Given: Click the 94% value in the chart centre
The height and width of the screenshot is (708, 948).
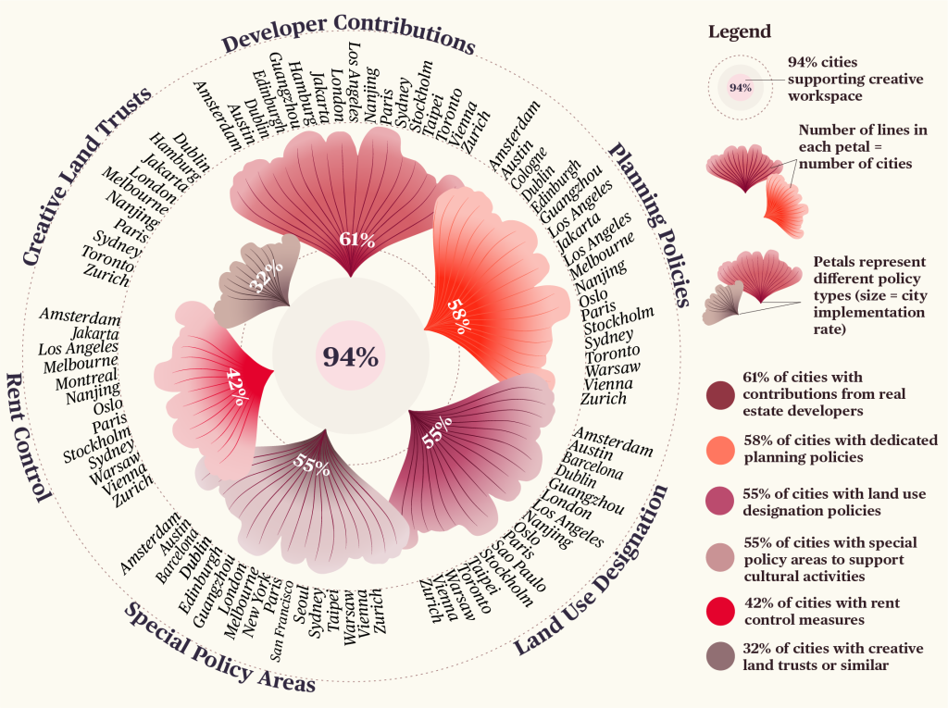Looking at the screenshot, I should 350,356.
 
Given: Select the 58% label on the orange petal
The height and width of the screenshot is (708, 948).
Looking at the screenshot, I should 458,315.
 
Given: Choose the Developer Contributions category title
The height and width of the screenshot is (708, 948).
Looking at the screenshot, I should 348,33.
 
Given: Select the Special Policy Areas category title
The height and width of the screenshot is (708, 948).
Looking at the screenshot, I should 219,648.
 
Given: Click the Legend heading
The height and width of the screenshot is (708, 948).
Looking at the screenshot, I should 739,31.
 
